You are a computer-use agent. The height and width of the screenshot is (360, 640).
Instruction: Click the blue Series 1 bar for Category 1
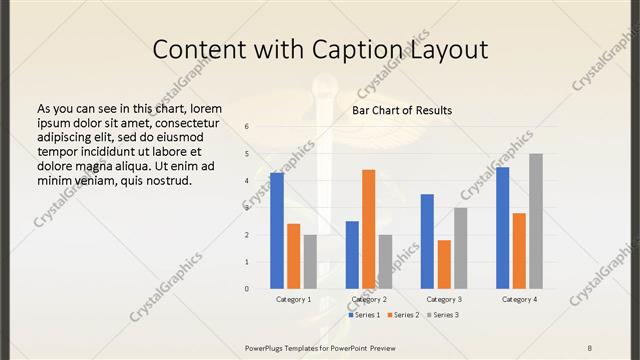pos(277,231)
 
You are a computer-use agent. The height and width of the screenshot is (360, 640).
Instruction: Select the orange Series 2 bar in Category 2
pos(368,229)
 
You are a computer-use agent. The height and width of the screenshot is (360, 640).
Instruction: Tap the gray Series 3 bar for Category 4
pos(536,221)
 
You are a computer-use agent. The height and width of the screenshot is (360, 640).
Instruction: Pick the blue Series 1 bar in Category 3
pos(427,241)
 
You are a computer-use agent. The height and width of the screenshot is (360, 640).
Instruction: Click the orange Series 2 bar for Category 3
pos(444,264)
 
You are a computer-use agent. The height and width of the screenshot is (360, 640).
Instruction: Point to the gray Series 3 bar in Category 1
pos(310,262)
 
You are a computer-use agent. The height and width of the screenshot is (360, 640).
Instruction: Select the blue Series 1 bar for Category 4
pos(503,228)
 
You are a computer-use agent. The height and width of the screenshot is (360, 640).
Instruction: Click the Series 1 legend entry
pos(362,315)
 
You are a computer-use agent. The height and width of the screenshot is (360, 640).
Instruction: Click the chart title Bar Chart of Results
pos(402,110)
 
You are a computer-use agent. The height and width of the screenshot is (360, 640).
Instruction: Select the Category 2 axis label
pos(369,299)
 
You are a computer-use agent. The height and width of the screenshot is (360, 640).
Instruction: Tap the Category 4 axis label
pos(520,299)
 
